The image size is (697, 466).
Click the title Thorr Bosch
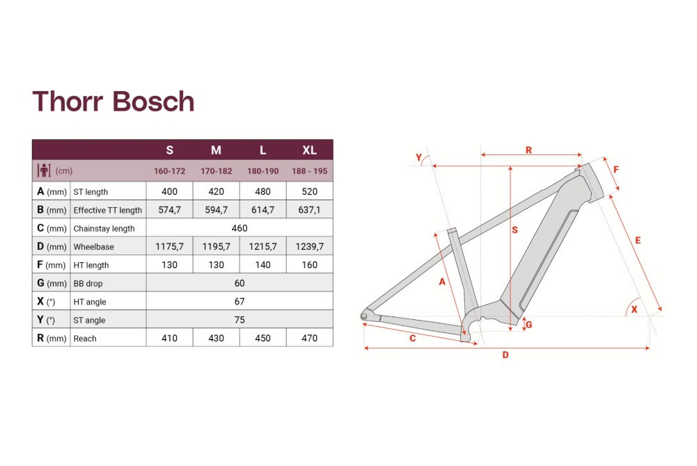[113, 101]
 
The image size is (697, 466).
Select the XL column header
[309, 150]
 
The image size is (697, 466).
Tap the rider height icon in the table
[44, 170]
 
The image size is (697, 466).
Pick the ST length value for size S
[169, 191]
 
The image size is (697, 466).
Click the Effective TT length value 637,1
[309, 210]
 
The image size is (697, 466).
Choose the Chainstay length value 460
[239, 228]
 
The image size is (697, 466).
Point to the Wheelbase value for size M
[216, 246]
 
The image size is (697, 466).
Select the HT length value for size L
[263, 265]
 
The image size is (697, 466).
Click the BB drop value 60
[239, 283]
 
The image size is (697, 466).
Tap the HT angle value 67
[239, 301]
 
